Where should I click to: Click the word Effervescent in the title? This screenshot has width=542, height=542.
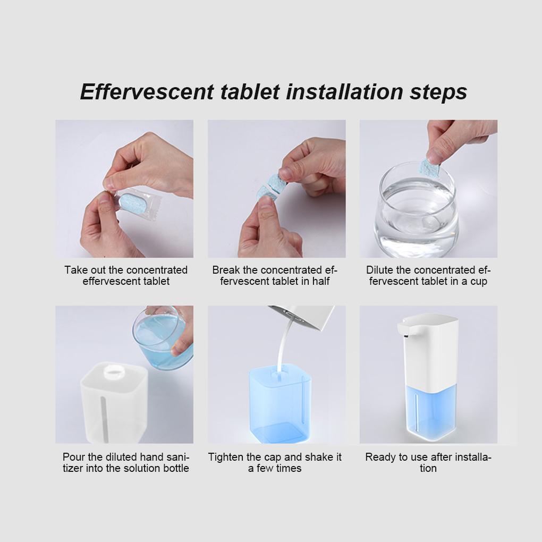click(x=147, y=92)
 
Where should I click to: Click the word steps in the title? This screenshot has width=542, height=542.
click(x=438, y=92)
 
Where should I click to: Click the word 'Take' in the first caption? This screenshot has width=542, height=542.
click(x=76, y=269)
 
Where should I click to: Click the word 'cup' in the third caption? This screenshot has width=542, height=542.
click(x=479, y=282)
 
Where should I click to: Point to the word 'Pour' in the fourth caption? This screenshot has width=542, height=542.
click(x=73, y=457)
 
